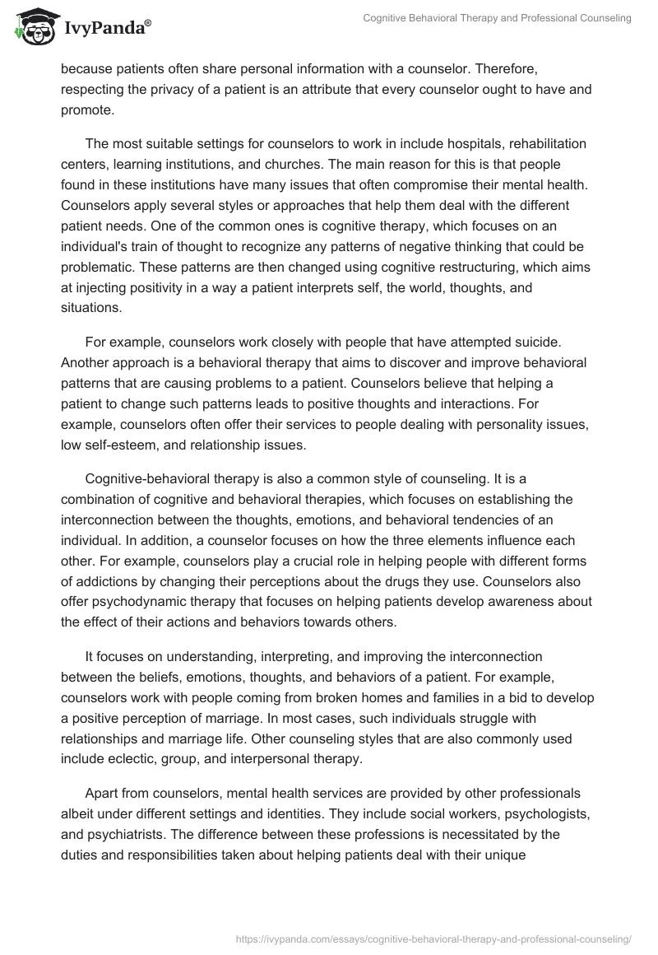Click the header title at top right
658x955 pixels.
(x=497, y=18)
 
